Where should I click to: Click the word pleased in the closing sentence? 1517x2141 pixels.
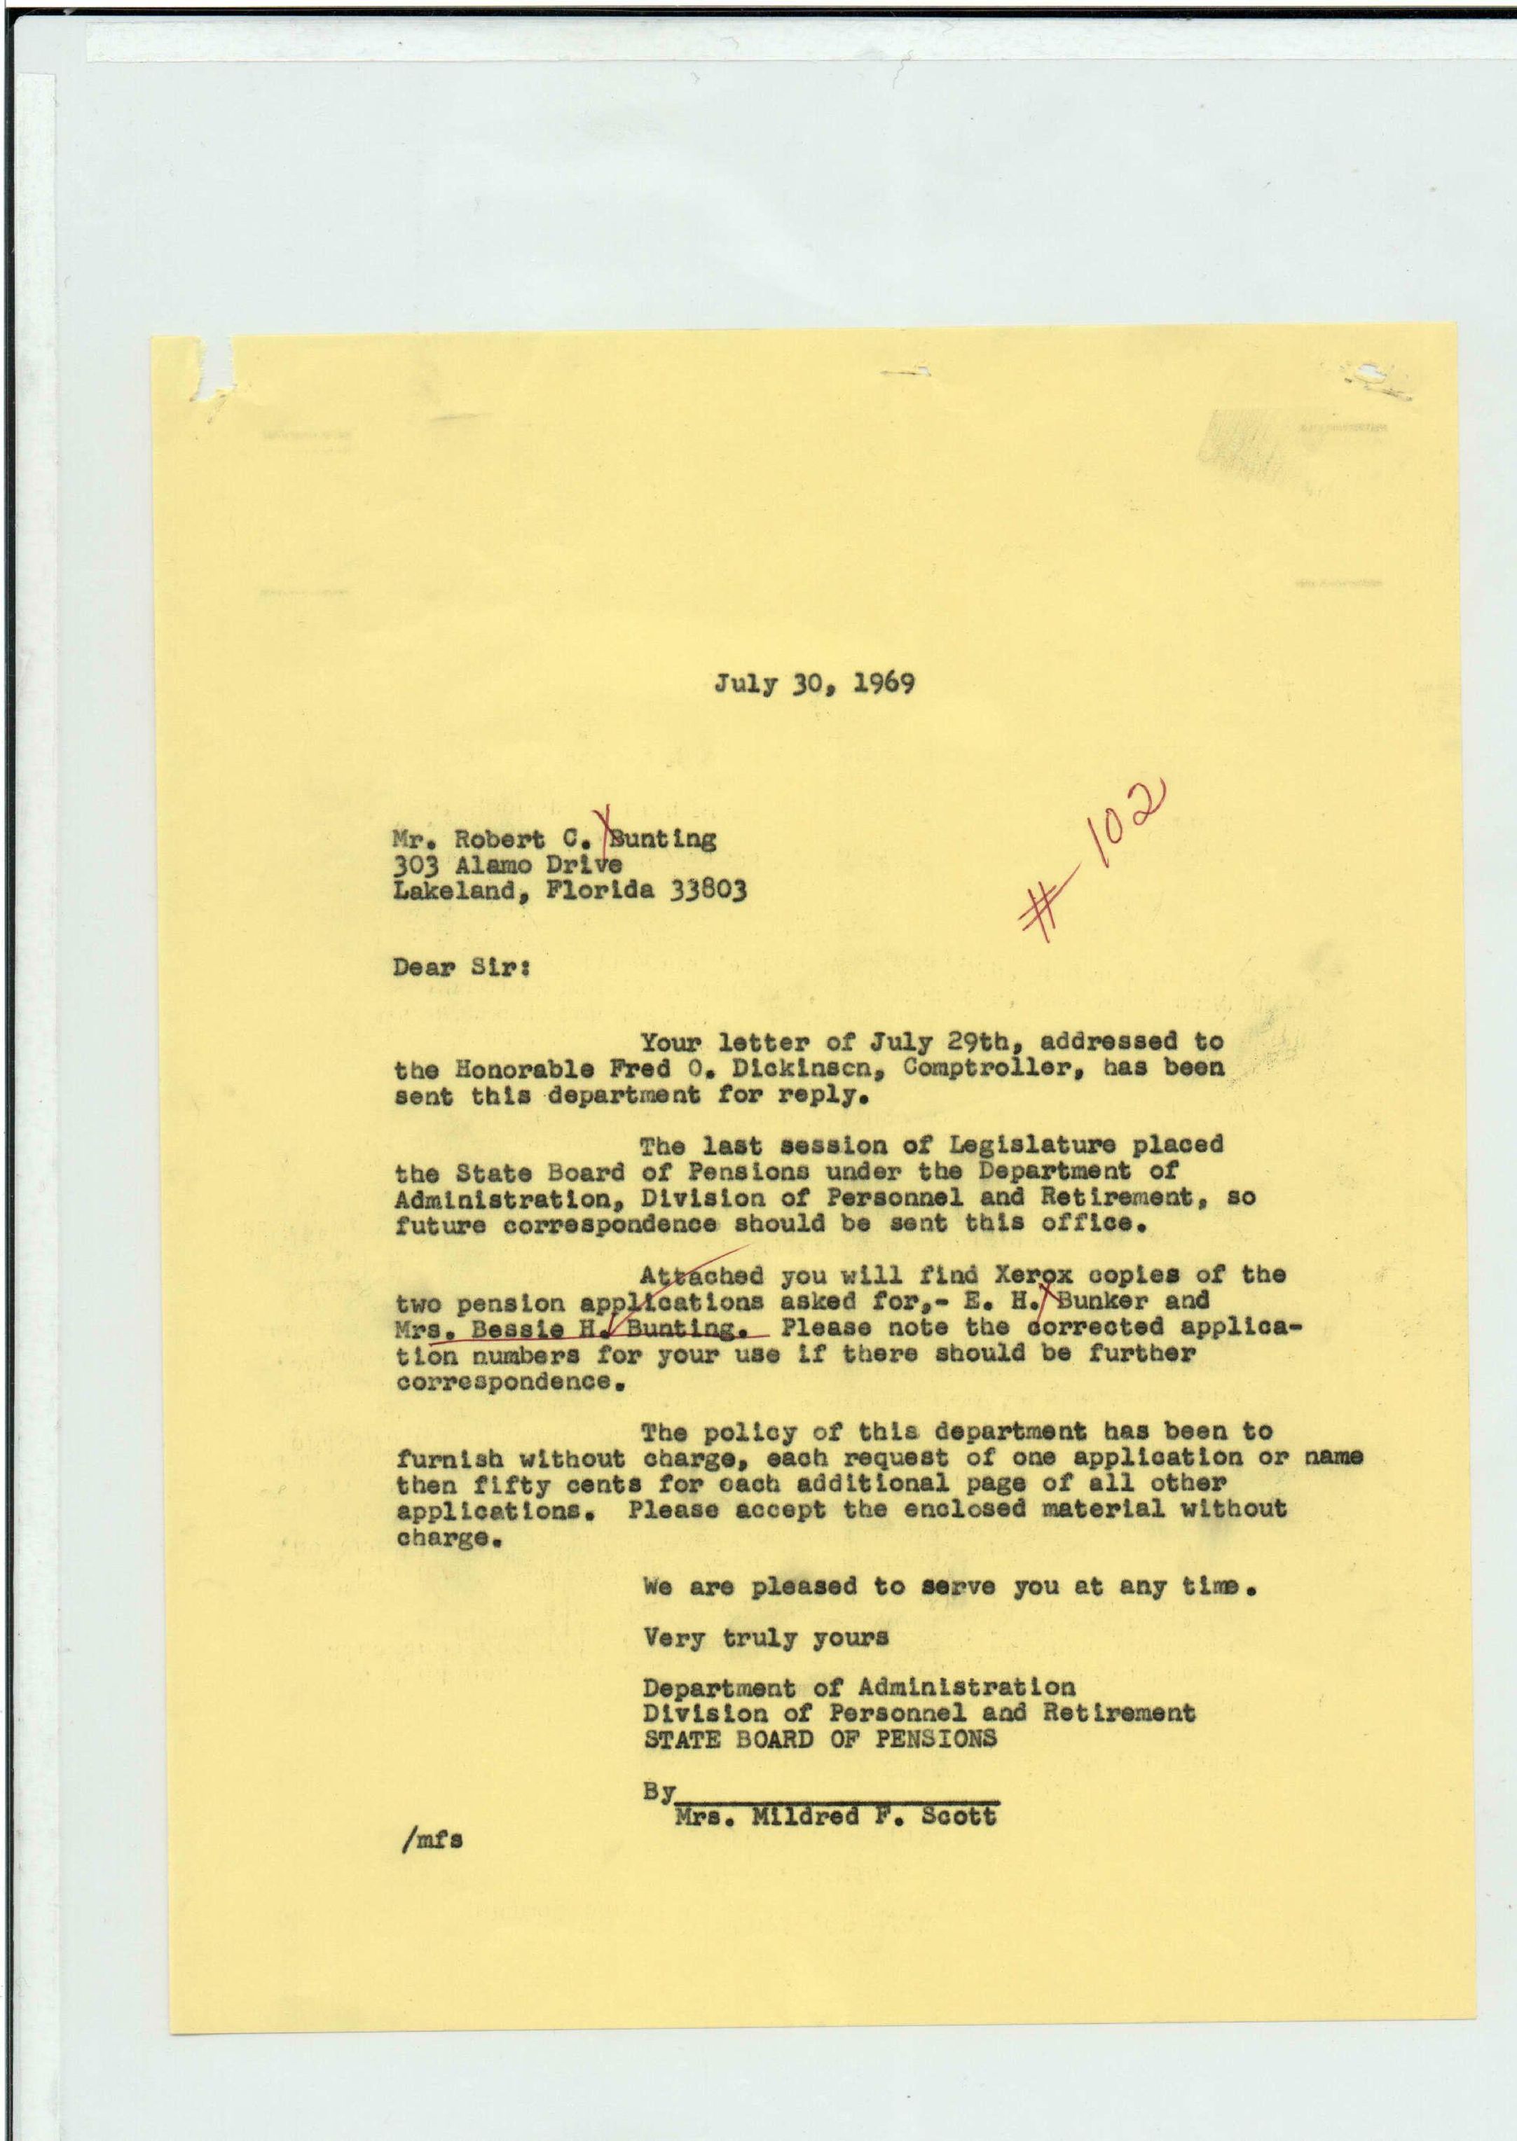coord(804,1586)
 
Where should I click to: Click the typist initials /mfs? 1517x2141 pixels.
coord(430,1838)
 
